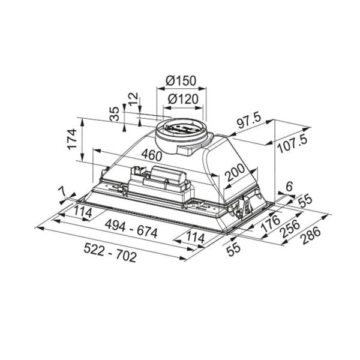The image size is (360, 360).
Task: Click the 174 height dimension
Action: click(x=72, y=139)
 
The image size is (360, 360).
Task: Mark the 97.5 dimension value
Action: click(x=248, y=122)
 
